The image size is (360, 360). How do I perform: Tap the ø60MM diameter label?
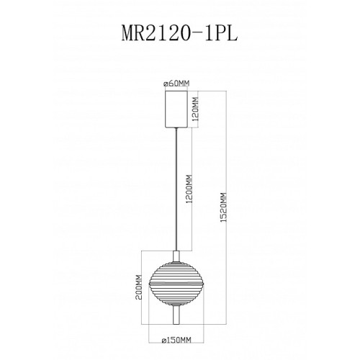[x=176, y=84]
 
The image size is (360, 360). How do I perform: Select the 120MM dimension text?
[x=196, y=109]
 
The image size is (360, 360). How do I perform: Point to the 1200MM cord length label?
[x=189, y=189]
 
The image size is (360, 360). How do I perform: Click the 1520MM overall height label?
[x=224, y=207]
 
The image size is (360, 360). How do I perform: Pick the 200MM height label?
[x=139, y=287]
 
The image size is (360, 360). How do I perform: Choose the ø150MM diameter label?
[x=176, y=340]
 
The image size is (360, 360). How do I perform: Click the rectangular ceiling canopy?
[x=176, y=109]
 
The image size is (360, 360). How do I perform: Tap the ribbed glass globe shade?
[x=176, y=284]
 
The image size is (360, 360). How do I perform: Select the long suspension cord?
[x=176, y=189]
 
